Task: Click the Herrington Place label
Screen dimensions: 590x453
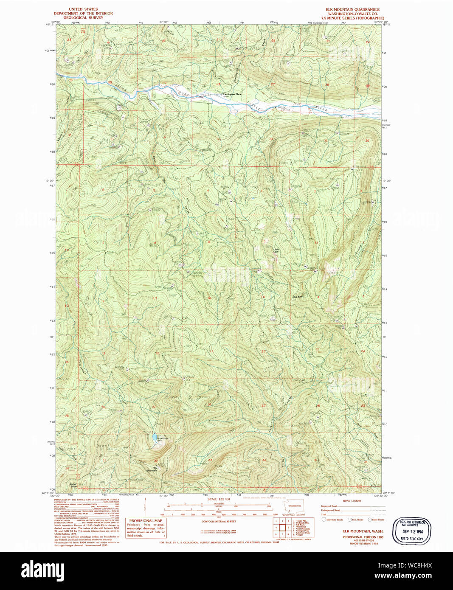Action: coord(232,94)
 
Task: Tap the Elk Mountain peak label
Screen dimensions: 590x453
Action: coord(152,469)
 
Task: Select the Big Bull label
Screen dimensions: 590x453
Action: coord(297,297)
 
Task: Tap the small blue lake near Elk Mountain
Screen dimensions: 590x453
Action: coord(153,436)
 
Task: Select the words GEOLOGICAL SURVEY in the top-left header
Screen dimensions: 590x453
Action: coord(84,18)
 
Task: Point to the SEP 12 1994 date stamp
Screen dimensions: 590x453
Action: coord(412,531)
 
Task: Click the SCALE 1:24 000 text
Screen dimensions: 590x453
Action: coord(219,499)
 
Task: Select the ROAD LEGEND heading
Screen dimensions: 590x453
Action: coord(352,501)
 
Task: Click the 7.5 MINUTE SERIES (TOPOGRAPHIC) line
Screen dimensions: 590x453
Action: coord(352,18)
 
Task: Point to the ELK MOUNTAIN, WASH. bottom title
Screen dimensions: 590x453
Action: coord(363,531)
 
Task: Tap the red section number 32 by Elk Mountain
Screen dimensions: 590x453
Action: coord(156,461)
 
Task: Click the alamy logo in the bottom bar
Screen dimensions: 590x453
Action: coord(43,570)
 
